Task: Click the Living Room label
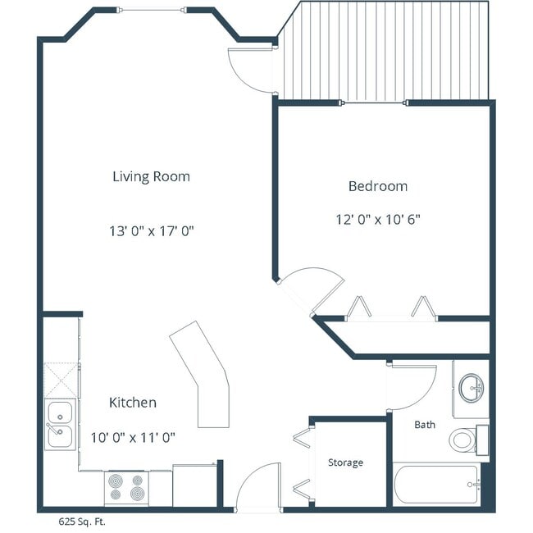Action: coord(151,176)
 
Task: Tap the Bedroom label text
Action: coord(378,186)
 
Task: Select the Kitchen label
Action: coord(133,403)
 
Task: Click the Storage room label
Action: coord(345,462)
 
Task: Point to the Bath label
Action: coord(425,425)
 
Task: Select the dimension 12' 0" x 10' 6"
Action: coord(378,219)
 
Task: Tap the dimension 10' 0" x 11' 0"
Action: coord(133,437)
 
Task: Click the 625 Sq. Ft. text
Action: coord(81,521)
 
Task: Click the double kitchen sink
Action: coord(60,424)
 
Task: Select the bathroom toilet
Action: coord(467,439)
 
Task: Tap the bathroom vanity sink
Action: coord(471,388)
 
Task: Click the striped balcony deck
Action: coord(385,51)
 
